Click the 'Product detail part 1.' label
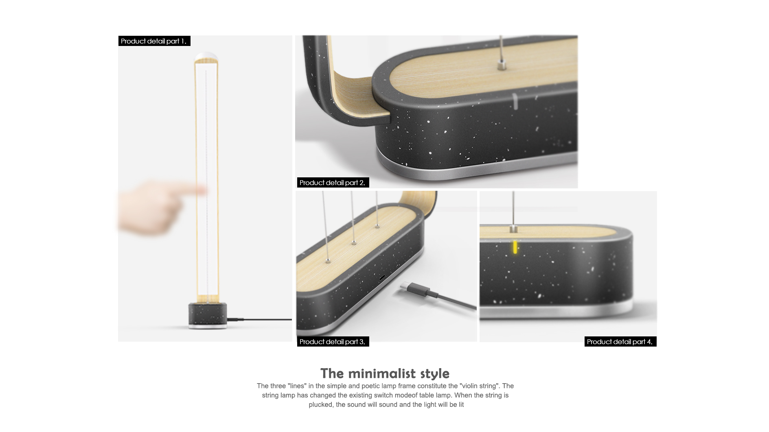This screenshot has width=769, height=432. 154,41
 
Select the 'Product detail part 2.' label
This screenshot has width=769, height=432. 333,183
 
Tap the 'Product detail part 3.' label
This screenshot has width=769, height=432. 333,342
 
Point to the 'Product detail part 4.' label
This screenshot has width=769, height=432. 620,342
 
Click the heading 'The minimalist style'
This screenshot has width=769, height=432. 385,373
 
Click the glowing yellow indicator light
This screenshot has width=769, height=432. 515,247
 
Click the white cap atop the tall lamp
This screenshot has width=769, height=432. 206,56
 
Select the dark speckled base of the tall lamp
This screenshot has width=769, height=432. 208,314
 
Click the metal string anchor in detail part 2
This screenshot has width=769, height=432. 500,64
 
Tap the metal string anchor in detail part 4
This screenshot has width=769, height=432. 513,229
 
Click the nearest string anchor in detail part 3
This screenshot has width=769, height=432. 328,260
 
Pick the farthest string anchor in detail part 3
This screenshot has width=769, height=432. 377,226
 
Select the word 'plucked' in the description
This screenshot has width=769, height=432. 320,404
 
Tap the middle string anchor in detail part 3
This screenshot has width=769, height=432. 354,242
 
